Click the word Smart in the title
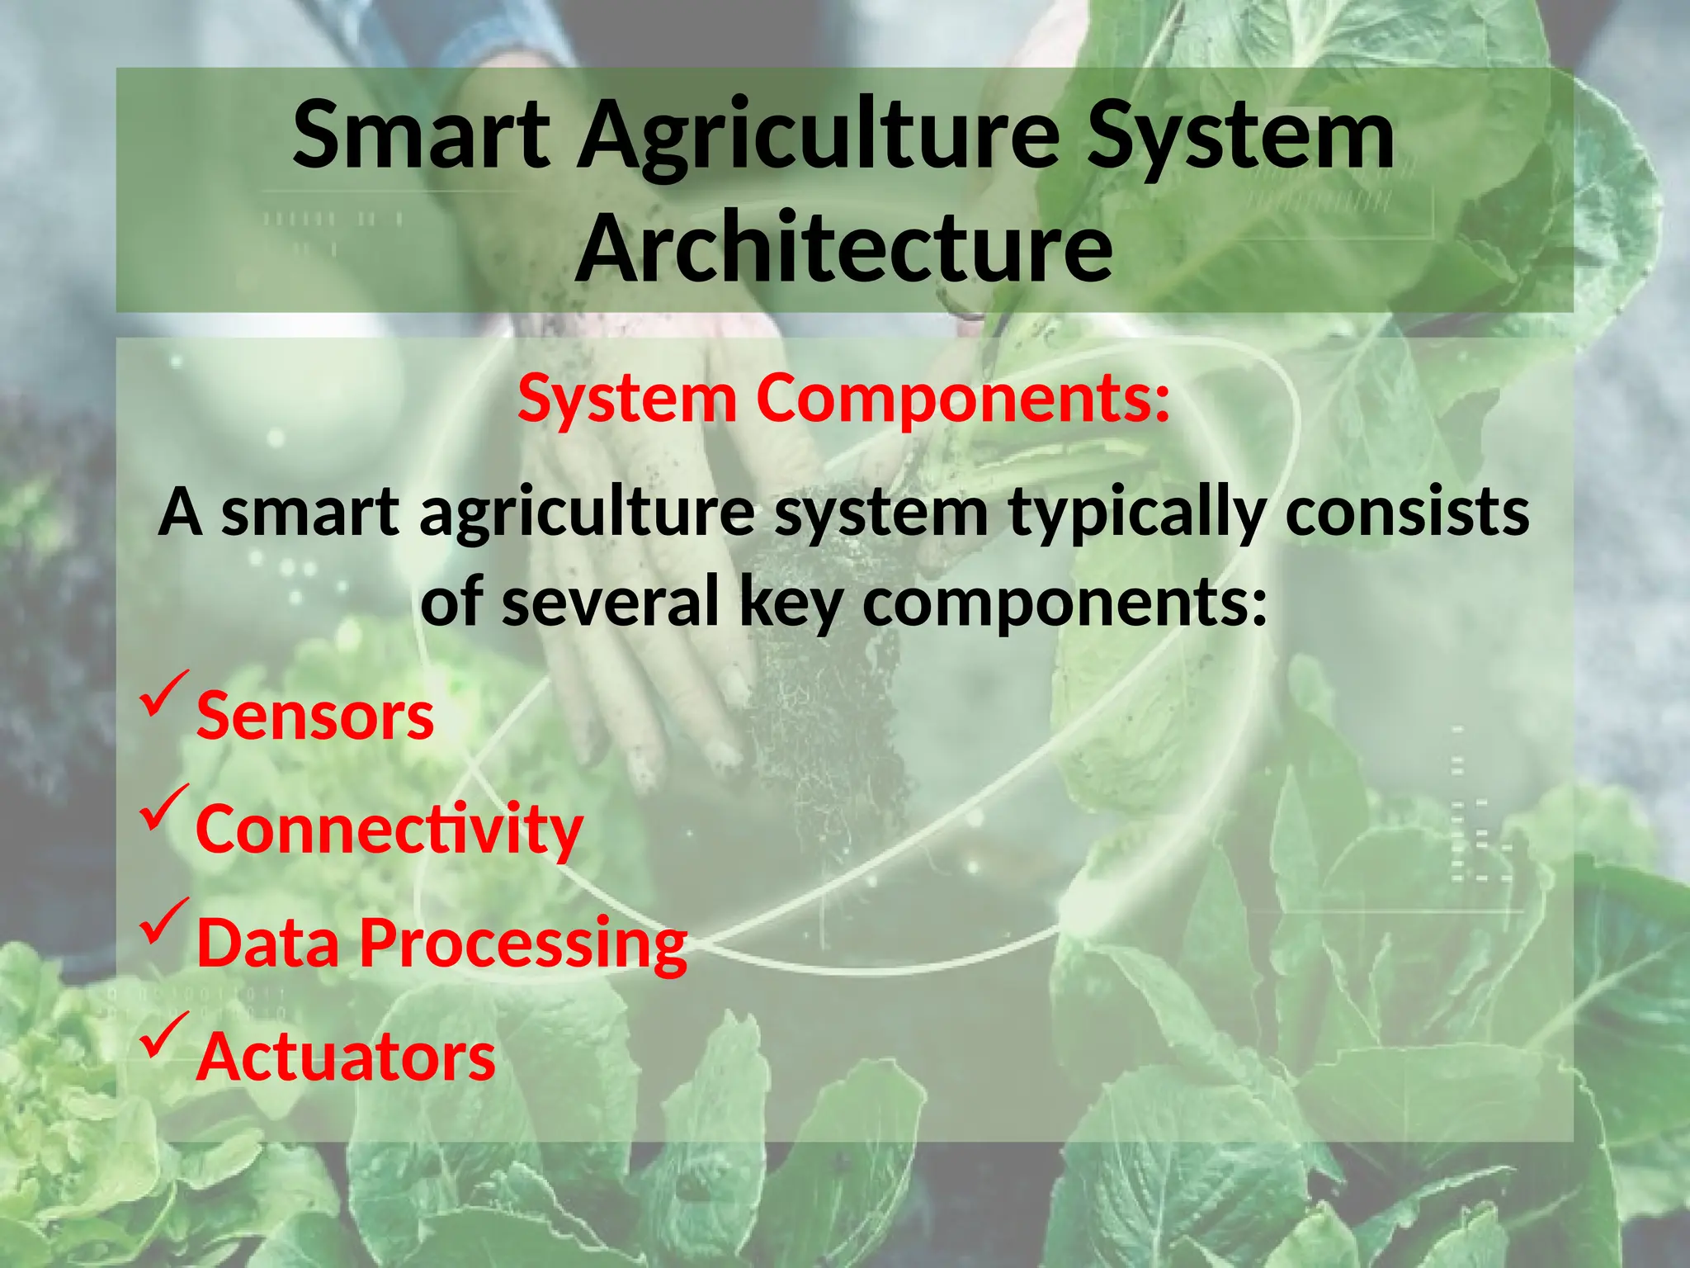pos(421,134)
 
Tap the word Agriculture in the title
pos(817,136)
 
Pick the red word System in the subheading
pos(627,398)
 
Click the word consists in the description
pos(1407,512)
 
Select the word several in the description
pos(611,601)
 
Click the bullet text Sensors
pos(314,716)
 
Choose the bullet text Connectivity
pos(389,829)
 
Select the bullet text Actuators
pos(346,1056)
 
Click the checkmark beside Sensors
pos(165,693)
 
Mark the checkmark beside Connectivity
pos(165,807)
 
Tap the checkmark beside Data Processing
pos(165,921)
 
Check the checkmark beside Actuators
pos(165,1035)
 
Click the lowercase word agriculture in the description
pos(587,513)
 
